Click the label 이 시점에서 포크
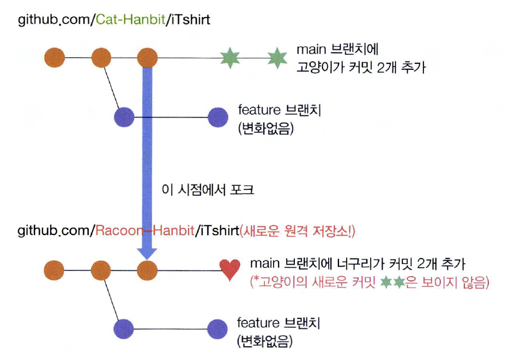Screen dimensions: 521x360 pos(209,190)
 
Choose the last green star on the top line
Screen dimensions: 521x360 pos(277,57)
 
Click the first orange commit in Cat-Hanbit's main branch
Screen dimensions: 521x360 pos(54,57)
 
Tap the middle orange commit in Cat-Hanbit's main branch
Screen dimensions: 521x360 pos(101,57)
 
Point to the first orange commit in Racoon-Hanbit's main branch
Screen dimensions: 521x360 pos(54,269)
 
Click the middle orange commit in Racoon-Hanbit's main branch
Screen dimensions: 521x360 pos(101,269)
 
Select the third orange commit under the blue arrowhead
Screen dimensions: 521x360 pos(147,269)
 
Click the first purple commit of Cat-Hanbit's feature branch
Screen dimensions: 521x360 pos(125,116)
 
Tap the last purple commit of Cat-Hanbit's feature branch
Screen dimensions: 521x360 pos(218,116)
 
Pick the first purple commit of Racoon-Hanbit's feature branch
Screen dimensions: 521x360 pos(124,328)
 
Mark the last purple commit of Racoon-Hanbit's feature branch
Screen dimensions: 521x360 pos(217,328)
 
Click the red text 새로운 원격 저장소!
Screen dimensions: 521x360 pos(298,231)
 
